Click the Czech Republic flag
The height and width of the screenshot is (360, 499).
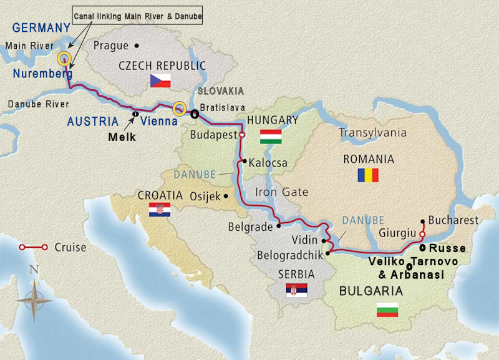pos(160,80)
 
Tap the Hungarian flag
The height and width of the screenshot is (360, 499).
pos(271,137)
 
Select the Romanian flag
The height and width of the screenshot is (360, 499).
pos(368,175)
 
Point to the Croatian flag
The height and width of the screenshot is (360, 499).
pos(159,210)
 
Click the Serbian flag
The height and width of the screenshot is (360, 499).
pos(296,290)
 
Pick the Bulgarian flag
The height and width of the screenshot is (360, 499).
pos(387,309)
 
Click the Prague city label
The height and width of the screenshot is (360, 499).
pos(110,46)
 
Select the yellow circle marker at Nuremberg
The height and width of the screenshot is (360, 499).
pos(64,59)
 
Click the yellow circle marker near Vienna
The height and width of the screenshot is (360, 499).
pos(180,109)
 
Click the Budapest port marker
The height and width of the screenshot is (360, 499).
pos(242,134)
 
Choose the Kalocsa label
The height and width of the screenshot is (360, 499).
pos(268,163)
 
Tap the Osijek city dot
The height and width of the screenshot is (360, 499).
pos(226,196)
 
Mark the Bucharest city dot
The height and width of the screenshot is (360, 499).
pos(424,221)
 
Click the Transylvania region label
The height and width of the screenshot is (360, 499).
pos(372,132)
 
